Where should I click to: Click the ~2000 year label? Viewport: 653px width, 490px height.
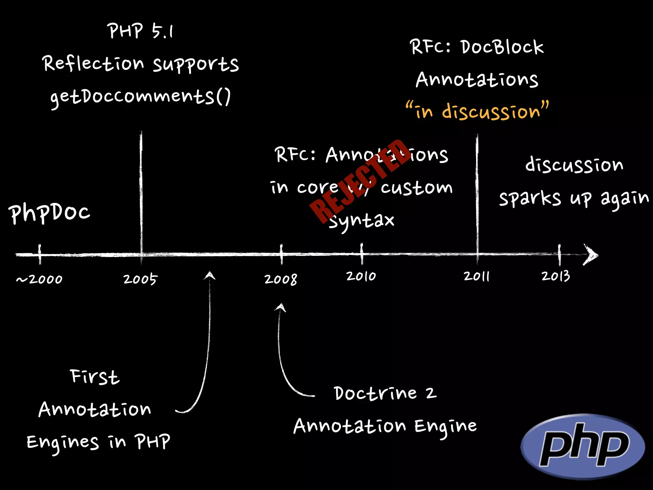pos(40,279)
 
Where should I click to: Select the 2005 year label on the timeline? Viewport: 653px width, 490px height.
pos(140,279)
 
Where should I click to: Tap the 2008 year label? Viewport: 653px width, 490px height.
pos(281,279)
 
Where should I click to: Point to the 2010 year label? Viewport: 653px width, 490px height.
pos(361,276)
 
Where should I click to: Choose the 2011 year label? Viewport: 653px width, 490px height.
pos(477,276)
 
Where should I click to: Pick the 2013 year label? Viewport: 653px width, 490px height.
pos(556,276)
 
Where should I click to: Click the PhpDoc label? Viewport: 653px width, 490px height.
pos(49,213)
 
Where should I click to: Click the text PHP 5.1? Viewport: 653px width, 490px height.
pos(140,31)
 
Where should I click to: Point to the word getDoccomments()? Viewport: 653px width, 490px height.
pos(140,96)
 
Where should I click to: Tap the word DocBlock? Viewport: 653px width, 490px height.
pos(502,47)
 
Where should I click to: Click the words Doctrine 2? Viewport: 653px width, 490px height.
pos(385,393)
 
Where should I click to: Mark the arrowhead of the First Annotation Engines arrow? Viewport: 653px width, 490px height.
pos(209,275)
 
